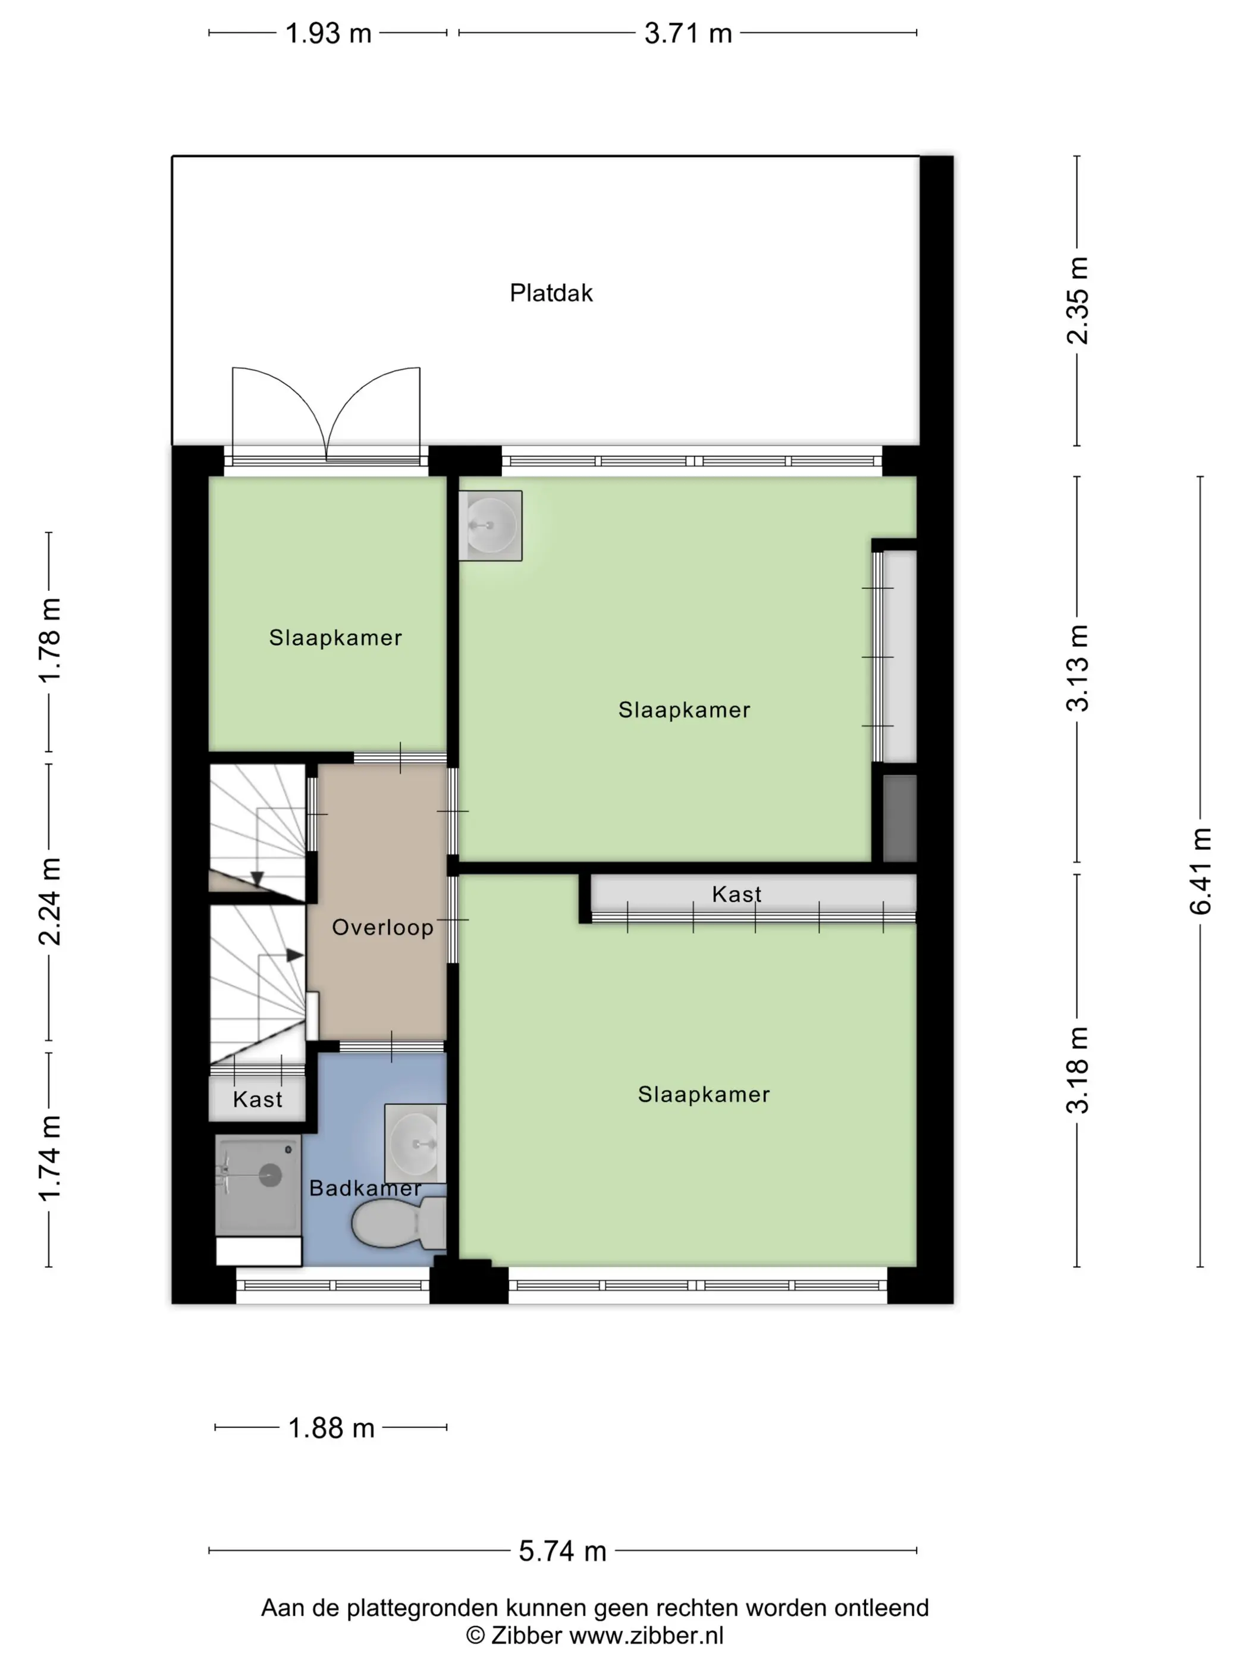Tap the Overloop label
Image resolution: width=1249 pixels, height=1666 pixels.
tap(382, 927)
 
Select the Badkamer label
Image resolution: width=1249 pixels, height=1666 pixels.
tap(365, 1188)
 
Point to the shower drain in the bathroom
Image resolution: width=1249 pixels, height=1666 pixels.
tap(270, 1175)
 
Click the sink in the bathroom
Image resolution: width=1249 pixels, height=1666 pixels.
tap(415, 1144)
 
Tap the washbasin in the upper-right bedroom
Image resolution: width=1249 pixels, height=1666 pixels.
tap(490, 526)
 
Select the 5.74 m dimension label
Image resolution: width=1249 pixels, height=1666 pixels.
tap(563, 1551)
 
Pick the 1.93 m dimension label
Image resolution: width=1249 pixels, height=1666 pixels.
tap(329, 34)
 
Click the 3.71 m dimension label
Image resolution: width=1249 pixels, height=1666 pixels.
tap(688, 34)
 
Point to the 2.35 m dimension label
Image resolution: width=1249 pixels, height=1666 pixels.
tap(1077, 300)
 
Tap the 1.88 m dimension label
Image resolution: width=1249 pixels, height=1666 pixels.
tap(331, 1427)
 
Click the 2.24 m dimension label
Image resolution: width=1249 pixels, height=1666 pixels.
tap(50, 901)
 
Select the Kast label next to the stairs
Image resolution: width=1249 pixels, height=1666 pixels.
tap(258, 1100)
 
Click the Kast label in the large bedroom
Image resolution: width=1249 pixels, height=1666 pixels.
tap(736, 894)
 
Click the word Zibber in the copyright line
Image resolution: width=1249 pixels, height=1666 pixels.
tap(526, 1635)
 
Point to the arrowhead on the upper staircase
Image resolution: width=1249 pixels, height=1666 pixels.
tap(257, 878)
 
